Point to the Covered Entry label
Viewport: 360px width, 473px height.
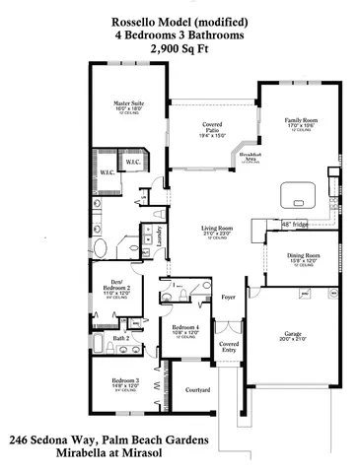pyautogui.click(x=229, y=347)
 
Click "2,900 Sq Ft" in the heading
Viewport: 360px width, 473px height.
pyautogui.click(x=180, y=46)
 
